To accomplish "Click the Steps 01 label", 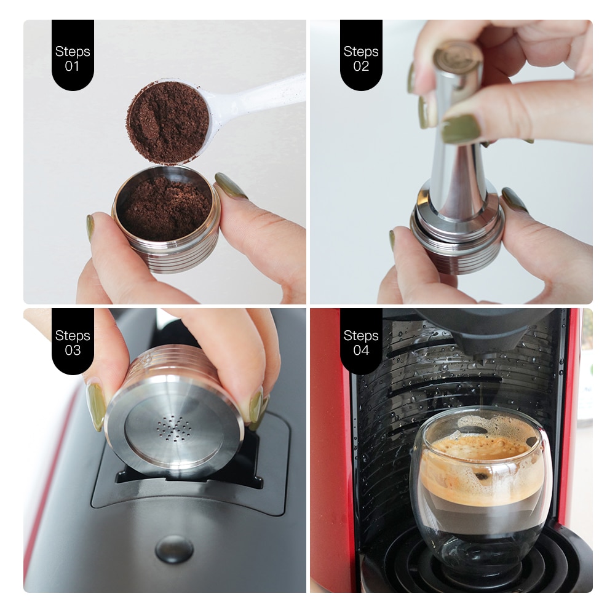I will click(73, 58).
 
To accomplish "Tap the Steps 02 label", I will click(361, 58).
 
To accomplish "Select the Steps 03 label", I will click(73, 343).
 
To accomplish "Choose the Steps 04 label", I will click(361, 343).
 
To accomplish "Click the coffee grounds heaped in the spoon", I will click(167, 122).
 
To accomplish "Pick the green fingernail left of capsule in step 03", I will click(96, 406).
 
